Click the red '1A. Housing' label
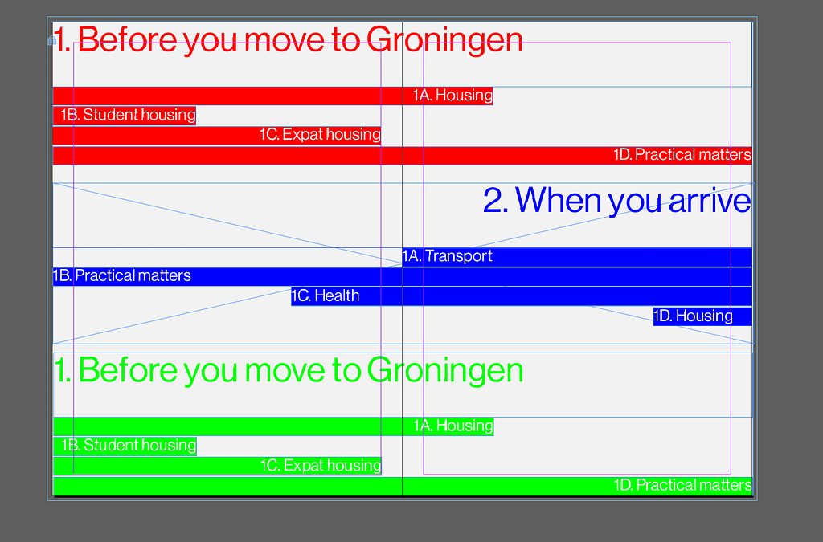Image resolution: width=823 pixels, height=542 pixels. [452, 96]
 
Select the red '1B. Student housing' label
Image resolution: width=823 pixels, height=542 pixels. [128, 115]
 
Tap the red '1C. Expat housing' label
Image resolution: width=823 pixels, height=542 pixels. [320, 135]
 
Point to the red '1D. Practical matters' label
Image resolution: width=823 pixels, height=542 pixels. [682, 155]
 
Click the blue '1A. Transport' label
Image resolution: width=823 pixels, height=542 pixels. [447, 256]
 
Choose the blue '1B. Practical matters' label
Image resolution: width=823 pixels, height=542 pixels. [122, 275]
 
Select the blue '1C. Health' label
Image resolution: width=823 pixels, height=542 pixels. [326, 295]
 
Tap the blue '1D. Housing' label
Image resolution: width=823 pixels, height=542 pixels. [693, 316]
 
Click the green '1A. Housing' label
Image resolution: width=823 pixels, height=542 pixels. [453, 426]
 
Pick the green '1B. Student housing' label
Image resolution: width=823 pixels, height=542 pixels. [129, 446]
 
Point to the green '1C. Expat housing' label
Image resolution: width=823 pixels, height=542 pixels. [321, 466]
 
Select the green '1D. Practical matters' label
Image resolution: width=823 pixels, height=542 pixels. [683, 485]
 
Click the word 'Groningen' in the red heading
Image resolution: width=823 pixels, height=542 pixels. [444, 40]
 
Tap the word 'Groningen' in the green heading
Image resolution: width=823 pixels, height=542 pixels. [445, 371]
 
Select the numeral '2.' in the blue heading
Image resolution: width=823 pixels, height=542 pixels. [495, 201]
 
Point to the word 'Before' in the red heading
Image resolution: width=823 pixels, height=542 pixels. [128, 39]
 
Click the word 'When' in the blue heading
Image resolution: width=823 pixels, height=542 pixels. [559, 200]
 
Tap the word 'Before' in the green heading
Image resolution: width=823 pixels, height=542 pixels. [128, 370]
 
